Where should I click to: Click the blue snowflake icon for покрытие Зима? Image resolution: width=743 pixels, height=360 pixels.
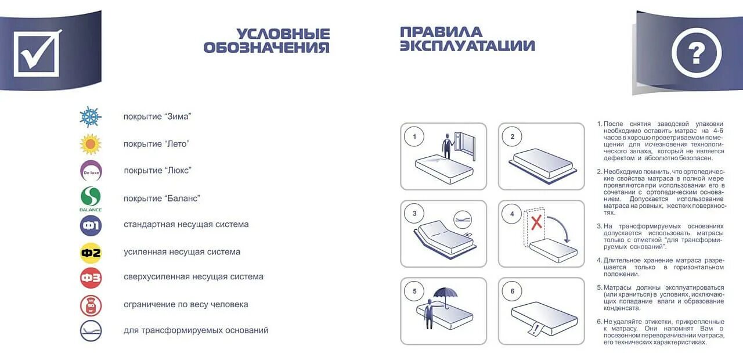[x=91, y=117]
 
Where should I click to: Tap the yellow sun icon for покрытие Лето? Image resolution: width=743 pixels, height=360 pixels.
[x=91, y=144]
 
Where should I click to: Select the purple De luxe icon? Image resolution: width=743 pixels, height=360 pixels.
[x=91, y=171]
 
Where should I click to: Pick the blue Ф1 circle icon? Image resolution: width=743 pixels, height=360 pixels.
[x=91, y=225]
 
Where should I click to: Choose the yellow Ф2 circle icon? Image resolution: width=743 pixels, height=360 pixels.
[x=91, y=253]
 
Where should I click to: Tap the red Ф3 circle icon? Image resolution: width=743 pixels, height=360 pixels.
[x=91, y=278]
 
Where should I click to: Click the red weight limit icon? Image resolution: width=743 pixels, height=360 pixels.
[x=91, y=305]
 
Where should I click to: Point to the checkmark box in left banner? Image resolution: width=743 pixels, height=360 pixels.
[x=37, y=53]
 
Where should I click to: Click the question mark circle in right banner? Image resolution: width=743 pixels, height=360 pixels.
[x=696, y=53]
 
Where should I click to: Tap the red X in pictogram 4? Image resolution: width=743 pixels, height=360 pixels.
[x=537, y=222]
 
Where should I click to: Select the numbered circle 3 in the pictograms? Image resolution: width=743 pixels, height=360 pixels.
[x=414, y=214]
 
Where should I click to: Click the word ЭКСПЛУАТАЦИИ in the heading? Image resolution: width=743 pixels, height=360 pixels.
[x=467, y=46]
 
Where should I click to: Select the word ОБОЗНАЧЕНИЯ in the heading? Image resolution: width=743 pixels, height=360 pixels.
[x=266, y=47]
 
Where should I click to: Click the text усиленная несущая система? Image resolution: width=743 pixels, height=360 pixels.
[x=182, y=252]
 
